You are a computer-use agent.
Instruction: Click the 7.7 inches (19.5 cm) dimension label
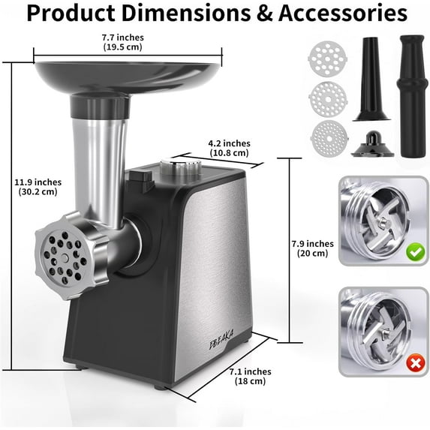point(124,42)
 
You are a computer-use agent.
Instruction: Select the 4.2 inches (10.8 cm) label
point(229,148)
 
